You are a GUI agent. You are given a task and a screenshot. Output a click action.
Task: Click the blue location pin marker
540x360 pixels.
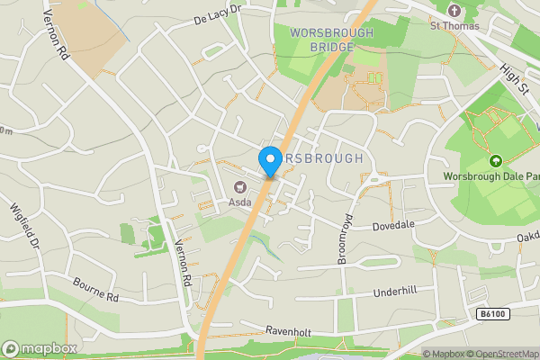[x=269, y=161]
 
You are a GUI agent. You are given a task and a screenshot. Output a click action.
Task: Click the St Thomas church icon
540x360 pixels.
[x=454, y=11]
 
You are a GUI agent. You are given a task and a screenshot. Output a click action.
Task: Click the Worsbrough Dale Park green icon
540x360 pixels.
[x=494, y=161]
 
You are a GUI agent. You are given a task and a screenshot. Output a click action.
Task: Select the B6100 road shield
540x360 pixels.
[x=492, y=313]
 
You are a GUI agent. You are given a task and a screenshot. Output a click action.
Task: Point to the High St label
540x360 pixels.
[x=516, y=76]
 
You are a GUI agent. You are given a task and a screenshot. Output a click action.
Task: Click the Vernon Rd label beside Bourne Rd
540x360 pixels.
[x=186, y=267]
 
